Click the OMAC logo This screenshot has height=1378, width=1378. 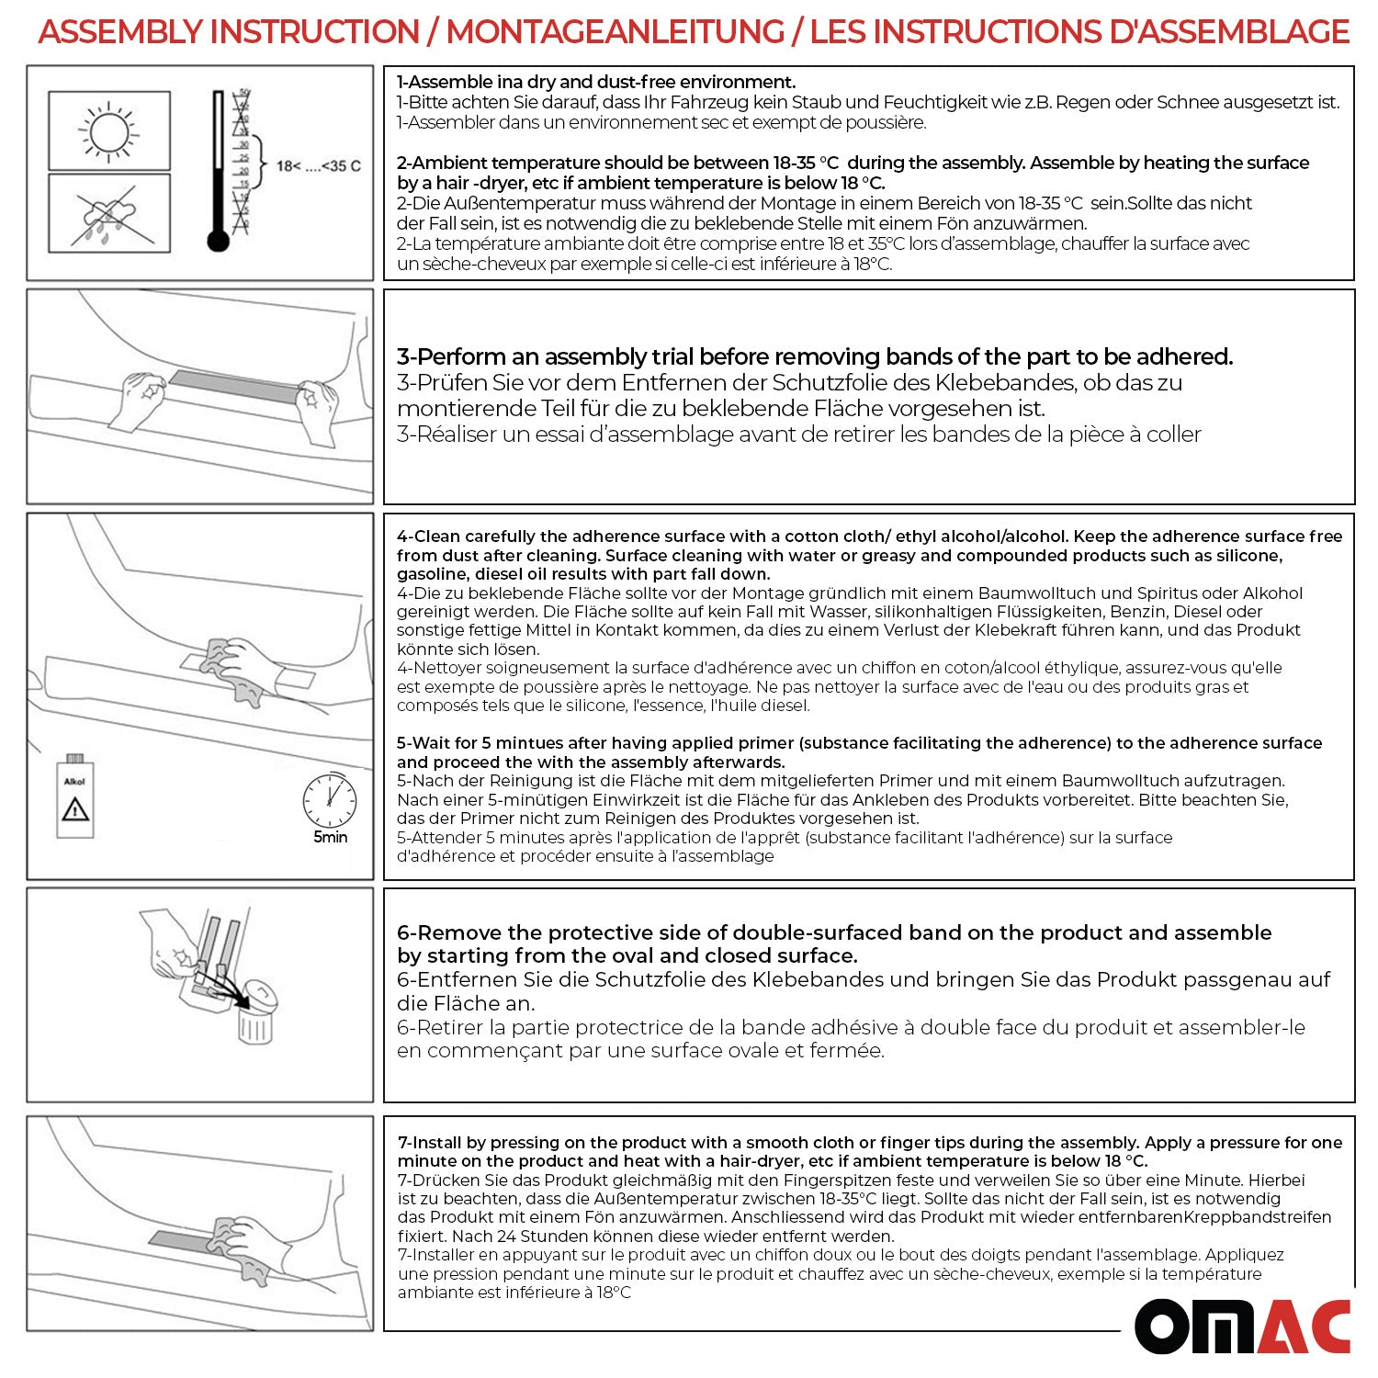(1242, 1326)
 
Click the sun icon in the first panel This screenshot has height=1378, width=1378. (109, 130)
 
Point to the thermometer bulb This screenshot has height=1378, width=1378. (218, 241)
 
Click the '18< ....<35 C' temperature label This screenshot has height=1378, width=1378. (318, 166)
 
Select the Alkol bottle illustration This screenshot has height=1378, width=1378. (74, 796)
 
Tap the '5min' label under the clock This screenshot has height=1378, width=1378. (331, 837)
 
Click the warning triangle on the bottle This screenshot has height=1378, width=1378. (74, 809)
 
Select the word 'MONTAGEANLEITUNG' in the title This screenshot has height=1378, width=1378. (615, 32)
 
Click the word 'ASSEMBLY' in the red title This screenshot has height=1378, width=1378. (119, 32)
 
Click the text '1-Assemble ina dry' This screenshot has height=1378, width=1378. (486, 82)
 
